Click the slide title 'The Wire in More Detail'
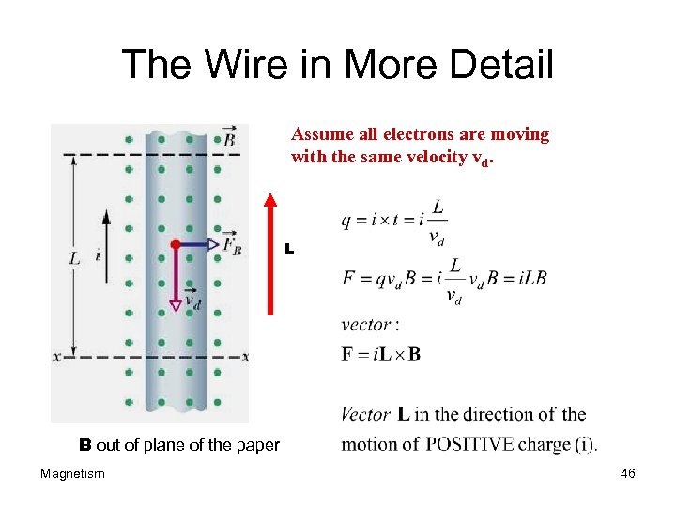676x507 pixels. pyautogui.click(x=337, y=65)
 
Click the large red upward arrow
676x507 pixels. pyautogui.click(x=271, y=253)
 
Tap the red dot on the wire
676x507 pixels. pyautogui.click(x=175, y=244)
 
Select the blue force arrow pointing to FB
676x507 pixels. pyautogui.click(x=199, y=244)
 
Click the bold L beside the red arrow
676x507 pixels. pyautogui.click(x=289, y=250)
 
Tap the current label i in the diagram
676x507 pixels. pyautogui.click(x=99, y=254)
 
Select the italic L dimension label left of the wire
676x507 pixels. pyautogui.click(x=75, y=255)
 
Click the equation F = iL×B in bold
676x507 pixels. pyautogui.click(x=381, y=354)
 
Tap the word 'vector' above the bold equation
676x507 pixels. pyautogui.click(x=366, y=325)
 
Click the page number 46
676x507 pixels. pyautogui.click(x=628, y=474)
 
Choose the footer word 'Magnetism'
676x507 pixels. pyautogui.click(x=72, y=474)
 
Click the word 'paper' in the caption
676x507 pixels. pyautogui.click(x=259, y=445)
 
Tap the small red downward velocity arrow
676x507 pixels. pyautogui.click(x=175, y=277)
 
